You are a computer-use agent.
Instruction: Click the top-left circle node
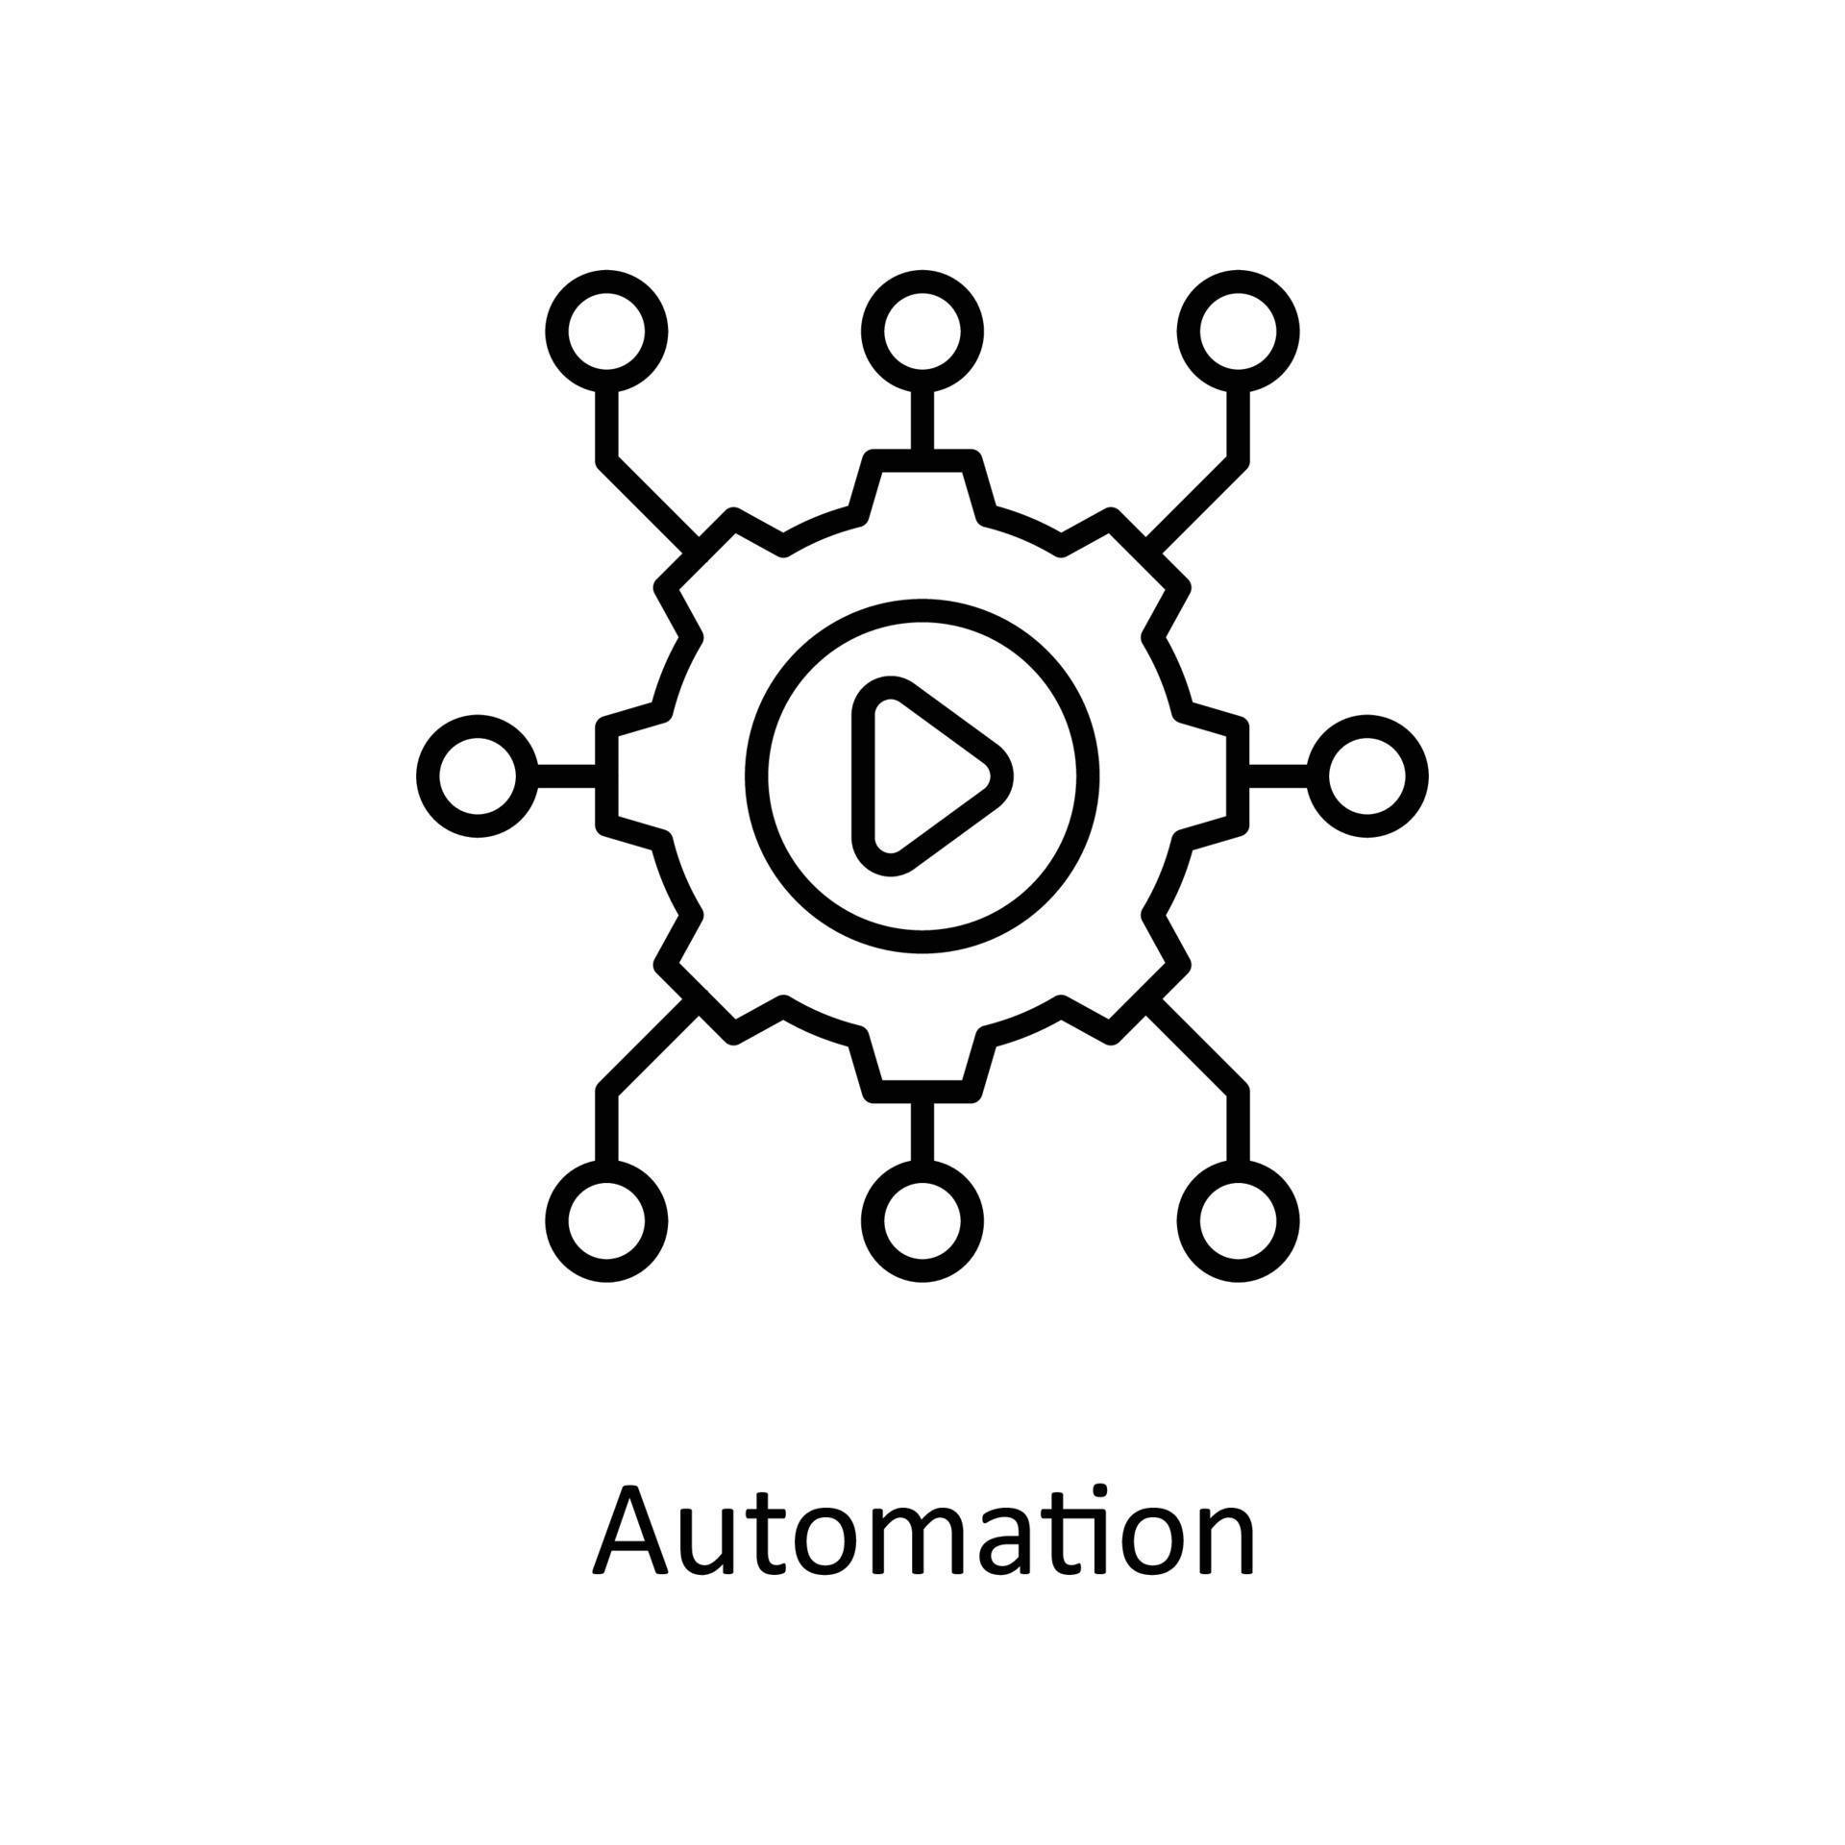point(606,332)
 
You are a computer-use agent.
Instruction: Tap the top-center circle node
point(922,332)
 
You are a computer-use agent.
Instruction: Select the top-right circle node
point(1238,332)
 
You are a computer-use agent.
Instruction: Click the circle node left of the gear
point(478,776)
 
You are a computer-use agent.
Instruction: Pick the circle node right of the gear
point(1366,776)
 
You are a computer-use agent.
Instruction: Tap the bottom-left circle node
point(606,1221)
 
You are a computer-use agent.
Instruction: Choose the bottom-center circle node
point(922,1221)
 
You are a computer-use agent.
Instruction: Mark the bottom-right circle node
point(1238,1221)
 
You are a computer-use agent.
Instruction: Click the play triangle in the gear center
point(922,776)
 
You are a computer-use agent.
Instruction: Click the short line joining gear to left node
point(566,776)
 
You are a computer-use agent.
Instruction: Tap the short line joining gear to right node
point(1278,776)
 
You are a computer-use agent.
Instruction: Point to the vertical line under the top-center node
point(922,421)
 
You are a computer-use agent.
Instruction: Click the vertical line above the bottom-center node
point(922,1131)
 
